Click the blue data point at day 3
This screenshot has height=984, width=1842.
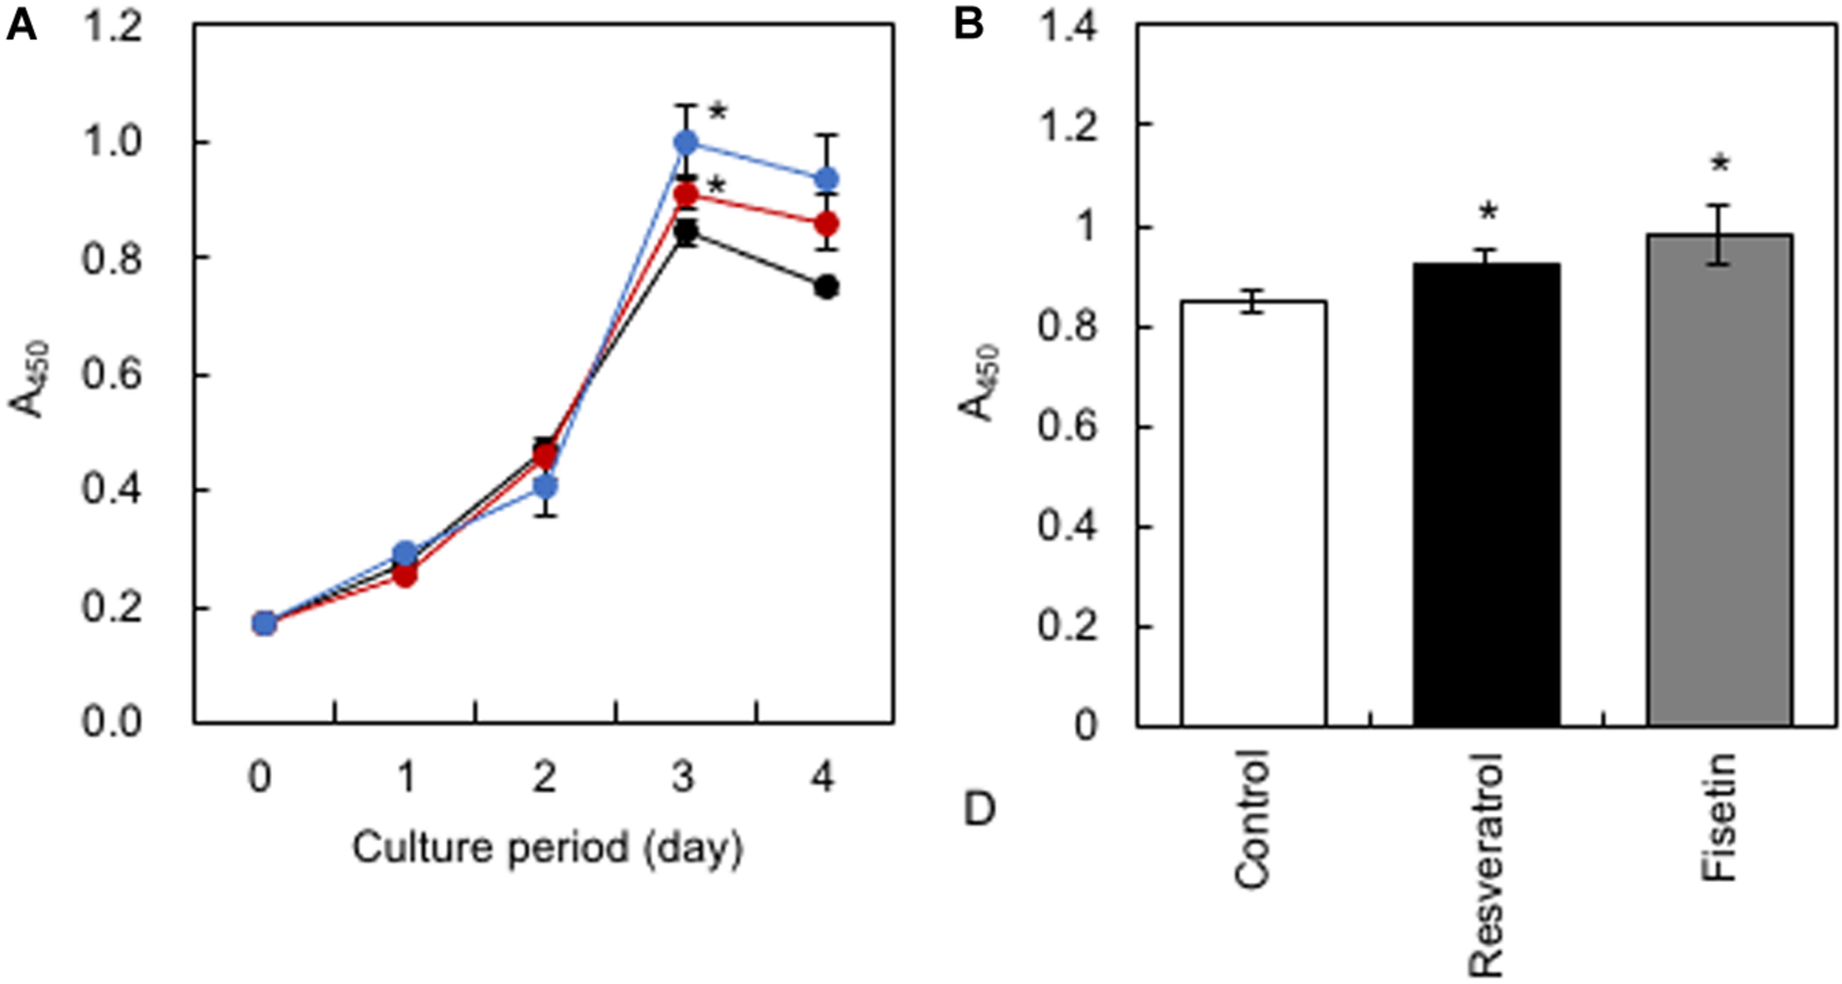click(686, 142)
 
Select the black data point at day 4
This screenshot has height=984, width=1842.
click(827, 287)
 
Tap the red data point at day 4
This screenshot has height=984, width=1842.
click(827, 223)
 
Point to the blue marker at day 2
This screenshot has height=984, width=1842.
click(545, 486)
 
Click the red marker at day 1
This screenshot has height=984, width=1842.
click(405, 575)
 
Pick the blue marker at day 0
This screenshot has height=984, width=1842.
click(265, 624)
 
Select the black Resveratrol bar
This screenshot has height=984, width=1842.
click(1487, 494)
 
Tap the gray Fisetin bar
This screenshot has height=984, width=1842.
click(1720, 479)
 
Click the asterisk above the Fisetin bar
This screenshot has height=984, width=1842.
click(1720, 164)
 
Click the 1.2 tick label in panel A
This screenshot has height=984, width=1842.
click(112, 28)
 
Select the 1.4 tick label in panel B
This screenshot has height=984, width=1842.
click(1067, 28)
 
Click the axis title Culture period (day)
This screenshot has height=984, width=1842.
click(547, 848)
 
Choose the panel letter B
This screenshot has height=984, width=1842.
click(968, 25)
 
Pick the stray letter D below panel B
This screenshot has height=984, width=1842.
click(979, 809)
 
